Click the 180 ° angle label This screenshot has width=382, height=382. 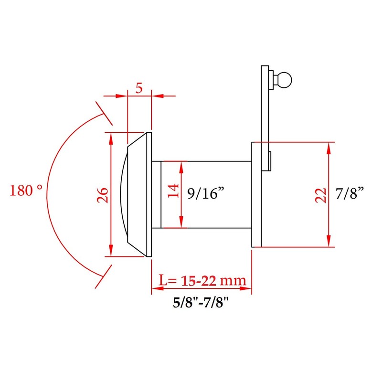click(x=26, y=191)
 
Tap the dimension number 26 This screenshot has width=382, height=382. click(x=102, y=195)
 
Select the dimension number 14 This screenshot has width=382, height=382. click(x=174, y=191)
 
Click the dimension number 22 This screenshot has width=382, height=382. click(x=321, y=195)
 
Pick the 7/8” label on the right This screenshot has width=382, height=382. click(x=350, y=194)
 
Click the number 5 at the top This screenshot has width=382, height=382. click(x=139, y=88)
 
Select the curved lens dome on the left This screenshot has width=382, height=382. click(x=122, y=195)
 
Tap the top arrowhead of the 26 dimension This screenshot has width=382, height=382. click(x=111, y=137)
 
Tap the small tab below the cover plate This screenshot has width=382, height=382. click(x=270, y=161)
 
